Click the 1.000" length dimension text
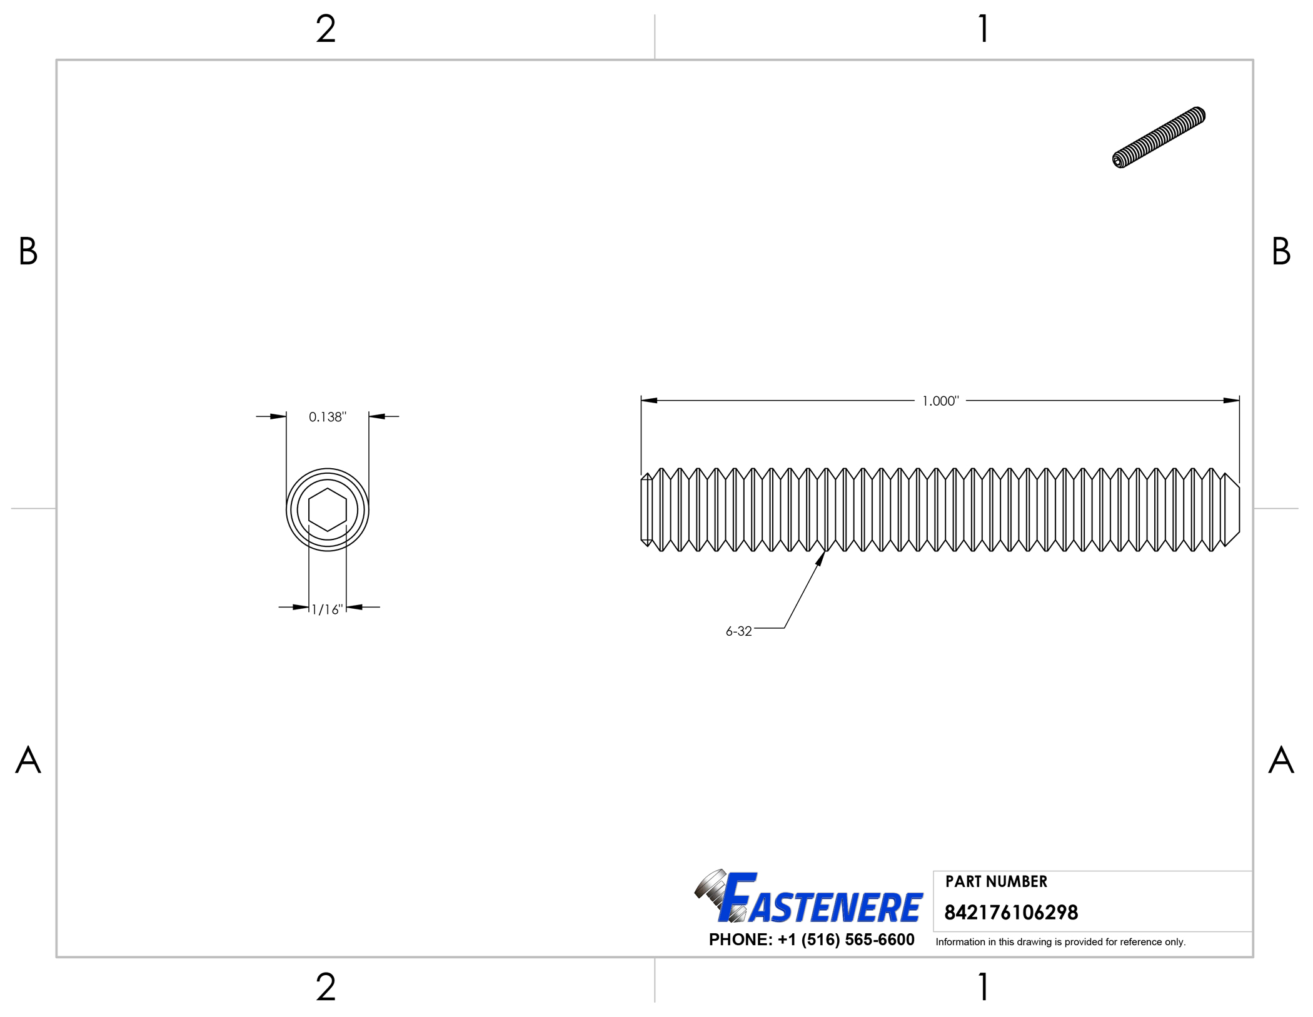pyautogui.click(x=940, y=401)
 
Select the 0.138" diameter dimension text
pyautogui.click(x=327, y=417)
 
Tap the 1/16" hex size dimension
pyautogui.click(x=327, y=609)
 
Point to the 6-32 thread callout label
pyautogui.click(x=738, y=631)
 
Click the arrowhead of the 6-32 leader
pyautogui.click(x=822, y=557)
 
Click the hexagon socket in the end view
pyautogui.click(x=327, y=509)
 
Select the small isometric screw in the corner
pyautogui.click(x=1159, y=137)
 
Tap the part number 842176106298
pyautogui.click(x=1010, y=913)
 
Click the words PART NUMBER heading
pyautogui.click(x=995, y=881)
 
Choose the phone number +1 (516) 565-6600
pyautogui.click(x=845, y=939)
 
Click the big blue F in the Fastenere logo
pyautogui.click(x=738, y=898)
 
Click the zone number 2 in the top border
pyautogui.click(x=326, y=29)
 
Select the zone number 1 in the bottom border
pyautogui.click(x=983, y=987)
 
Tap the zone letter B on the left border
pyautogui.click(x=28, y=251)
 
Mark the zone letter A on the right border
pyautogui.click(x=1280, y=760)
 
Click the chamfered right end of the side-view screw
pyautogui.click(x=1231, y=509)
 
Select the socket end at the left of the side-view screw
pyautogui.click(x=646, y=509)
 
